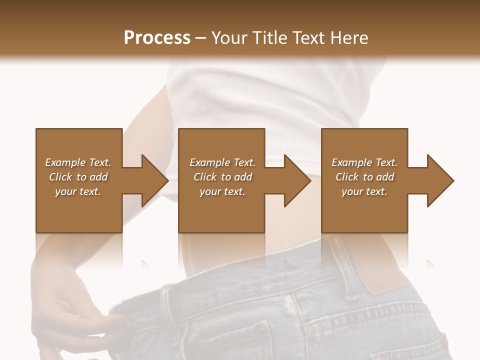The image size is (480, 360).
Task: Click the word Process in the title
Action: coord(157,38)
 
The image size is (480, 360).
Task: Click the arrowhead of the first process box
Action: coord(155,180)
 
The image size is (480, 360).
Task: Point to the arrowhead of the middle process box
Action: coord(298,180)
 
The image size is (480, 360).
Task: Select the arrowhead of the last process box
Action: coord(440,180)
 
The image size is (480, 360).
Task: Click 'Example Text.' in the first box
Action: coord(78,162)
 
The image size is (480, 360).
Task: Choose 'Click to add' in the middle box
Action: coord(222,177)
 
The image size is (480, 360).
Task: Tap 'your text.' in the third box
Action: coord(364,191)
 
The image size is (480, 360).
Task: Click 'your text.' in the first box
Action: coord(78,191)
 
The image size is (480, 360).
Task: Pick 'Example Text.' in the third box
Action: coord(364,162)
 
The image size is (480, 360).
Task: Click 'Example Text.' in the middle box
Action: coord(222,162)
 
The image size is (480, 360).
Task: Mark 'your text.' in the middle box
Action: coord(222,191)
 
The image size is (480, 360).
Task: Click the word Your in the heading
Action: coord(229,38)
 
